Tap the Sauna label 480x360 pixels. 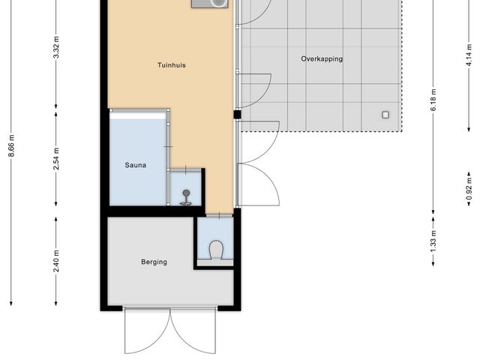[135, 164]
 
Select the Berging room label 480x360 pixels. [154, 262]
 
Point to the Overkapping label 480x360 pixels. [322, 58]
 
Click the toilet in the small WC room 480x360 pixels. [215, 247]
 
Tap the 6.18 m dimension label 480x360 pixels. [433, 101]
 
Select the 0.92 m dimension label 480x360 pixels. [469, 182]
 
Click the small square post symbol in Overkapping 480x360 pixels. [385, 115]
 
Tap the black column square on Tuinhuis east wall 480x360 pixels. [237, 115]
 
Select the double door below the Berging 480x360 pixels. [170, 330]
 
